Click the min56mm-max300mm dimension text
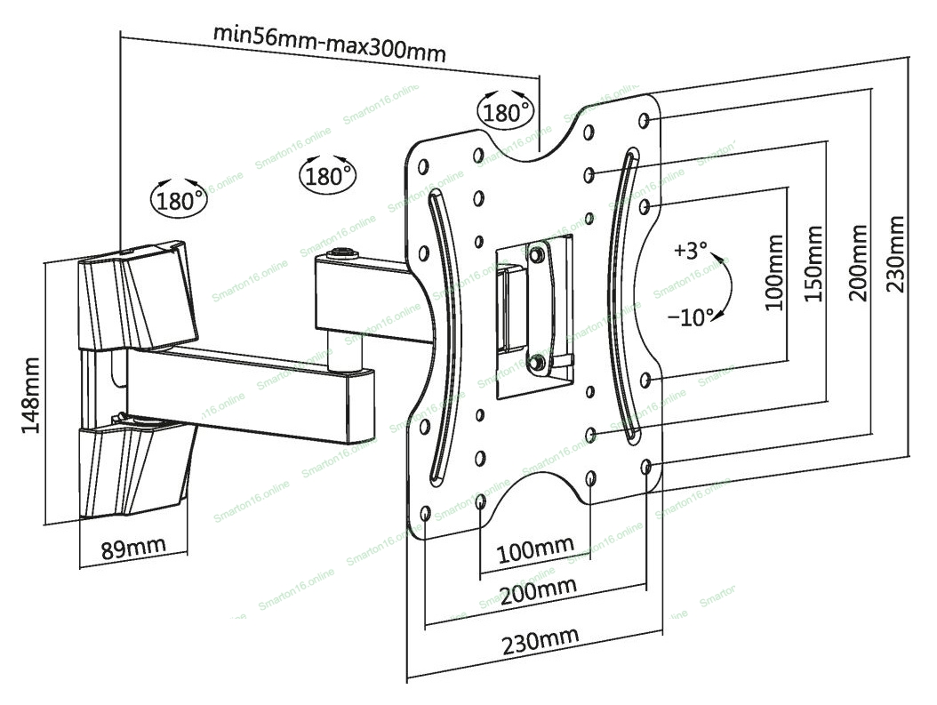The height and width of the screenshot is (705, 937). point(330,43)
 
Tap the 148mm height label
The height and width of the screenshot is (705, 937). point(30,396)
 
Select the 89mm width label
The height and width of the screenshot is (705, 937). point(132,547)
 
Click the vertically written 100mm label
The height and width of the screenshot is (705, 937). point(774,272)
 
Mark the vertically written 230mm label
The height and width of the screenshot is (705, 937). point(894,254)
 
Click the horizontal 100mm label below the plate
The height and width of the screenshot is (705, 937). point(535,550)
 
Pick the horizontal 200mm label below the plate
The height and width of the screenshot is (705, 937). point(539,591)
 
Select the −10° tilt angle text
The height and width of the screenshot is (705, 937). point(690,316)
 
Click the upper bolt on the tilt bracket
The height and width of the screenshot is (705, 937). point(537,253)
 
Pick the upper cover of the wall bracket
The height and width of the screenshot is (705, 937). point(138,296)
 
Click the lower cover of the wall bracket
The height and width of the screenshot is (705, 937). point(136,466)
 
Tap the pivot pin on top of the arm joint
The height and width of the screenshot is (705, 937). point(342,254)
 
